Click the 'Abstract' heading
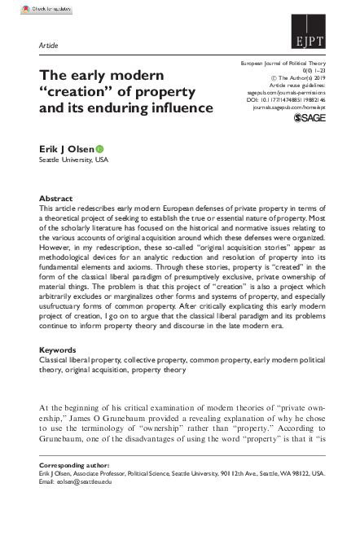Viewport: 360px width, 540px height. (x=56, y=199)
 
